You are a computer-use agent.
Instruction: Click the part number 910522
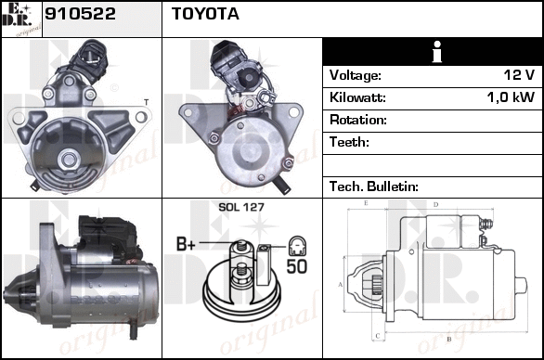pyautogui.click(x=80, y=14)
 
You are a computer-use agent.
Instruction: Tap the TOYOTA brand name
pyautogui.click(x=205, y=14)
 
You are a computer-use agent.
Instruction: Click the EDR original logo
pyautogui.click(x=21, y=19)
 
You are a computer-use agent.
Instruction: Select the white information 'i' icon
pyautogui.click(x=437, y=52)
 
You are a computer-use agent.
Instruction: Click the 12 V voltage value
pyautogui.click(x=519, y=74)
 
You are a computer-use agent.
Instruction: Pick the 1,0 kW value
pyautogui.click(x=511, y=97)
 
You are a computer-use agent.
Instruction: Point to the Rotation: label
pyautogui.click(x=358, y=120)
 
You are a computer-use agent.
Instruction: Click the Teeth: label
pyautogui.click(x=349, y=142)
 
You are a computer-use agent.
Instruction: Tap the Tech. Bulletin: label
pyautogui.click(x=374, y=186)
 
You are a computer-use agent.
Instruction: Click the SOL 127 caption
pyautogui.click(x=241, y=207)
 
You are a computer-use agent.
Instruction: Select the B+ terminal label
pyautogui.click(x=186, y=243)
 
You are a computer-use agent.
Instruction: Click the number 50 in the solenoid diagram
pyautogui.click(x=297, y=266)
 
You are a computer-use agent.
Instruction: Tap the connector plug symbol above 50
pyautogui.click(x=297, y=246)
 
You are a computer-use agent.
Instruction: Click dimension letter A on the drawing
pyautogui.click(x=341, y=285)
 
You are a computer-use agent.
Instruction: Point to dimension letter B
pyautogui.click(x=448, y=339)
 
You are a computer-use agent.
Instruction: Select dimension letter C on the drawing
pyautogui.click(x=378, y=336)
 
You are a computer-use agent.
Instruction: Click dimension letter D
pyautogui.click(x=436, y=205)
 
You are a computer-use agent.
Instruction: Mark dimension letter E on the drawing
pyautogui.click(x=366, y=203)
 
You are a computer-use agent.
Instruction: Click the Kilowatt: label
pyautogui.click(x=357, y=97)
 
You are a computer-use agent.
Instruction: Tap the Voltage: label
pyautogui.click(x=356, y=75)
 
